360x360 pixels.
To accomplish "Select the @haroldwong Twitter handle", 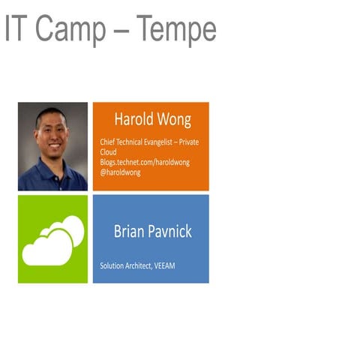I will pyautogui.click(x=120, y=172).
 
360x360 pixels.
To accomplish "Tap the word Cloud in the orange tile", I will pyautogui.click(x=109, y=151).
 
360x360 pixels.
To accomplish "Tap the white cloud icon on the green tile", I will pyautogui.click(x=52, y=240).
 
